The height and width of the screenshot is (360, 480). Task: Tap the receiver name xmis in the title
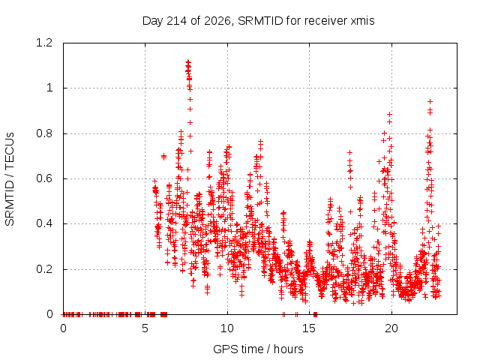[x=362, y=21]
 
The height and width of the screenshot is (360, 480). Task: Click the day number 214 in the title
[x=175, y=21]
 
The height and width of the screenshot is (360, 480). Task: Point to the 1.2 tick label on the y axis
[x=45, y=43]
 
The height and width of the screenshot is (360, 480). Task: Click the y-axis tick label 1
[x=49, y=88]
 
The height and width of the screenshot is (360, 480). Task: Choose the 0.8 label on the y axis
[x=45, y=133]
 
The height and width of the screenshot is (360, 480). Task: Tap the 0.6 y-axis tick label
[x=45, y=178]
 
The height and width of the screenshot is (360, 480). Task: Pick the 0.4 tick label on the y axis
[x=45, y=223]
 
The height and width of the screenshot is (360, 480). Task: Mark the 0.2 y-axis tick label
[x=45, y=269]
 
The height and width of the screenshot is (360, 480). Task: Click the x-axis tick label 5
[x=145, y=328]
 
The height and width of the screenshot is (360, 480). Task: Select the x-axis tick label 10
[x=227, y=328]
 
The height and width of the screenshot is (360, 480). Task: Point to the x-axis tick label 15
[x=309, y=328]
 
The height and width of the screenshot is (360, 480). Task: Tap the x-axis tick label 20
[x=391, y=328]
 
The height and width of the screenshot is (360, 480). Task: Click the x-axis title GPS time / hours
[x=258, y=349]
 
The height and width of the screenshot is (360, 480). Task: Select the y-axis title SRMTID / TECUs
[x=10, y=179]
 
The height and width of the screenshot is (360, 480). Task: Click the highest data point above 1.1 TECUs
[x=188, y=61]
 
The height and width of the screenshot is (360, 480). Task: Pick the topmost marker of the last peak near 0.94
[x=430, y=102]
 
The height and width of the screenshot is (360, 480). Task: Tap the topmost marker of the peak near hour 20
[x=389, y=115]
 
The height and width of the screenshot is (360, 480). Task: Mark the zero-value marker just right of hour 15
[x=315, y=314]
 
